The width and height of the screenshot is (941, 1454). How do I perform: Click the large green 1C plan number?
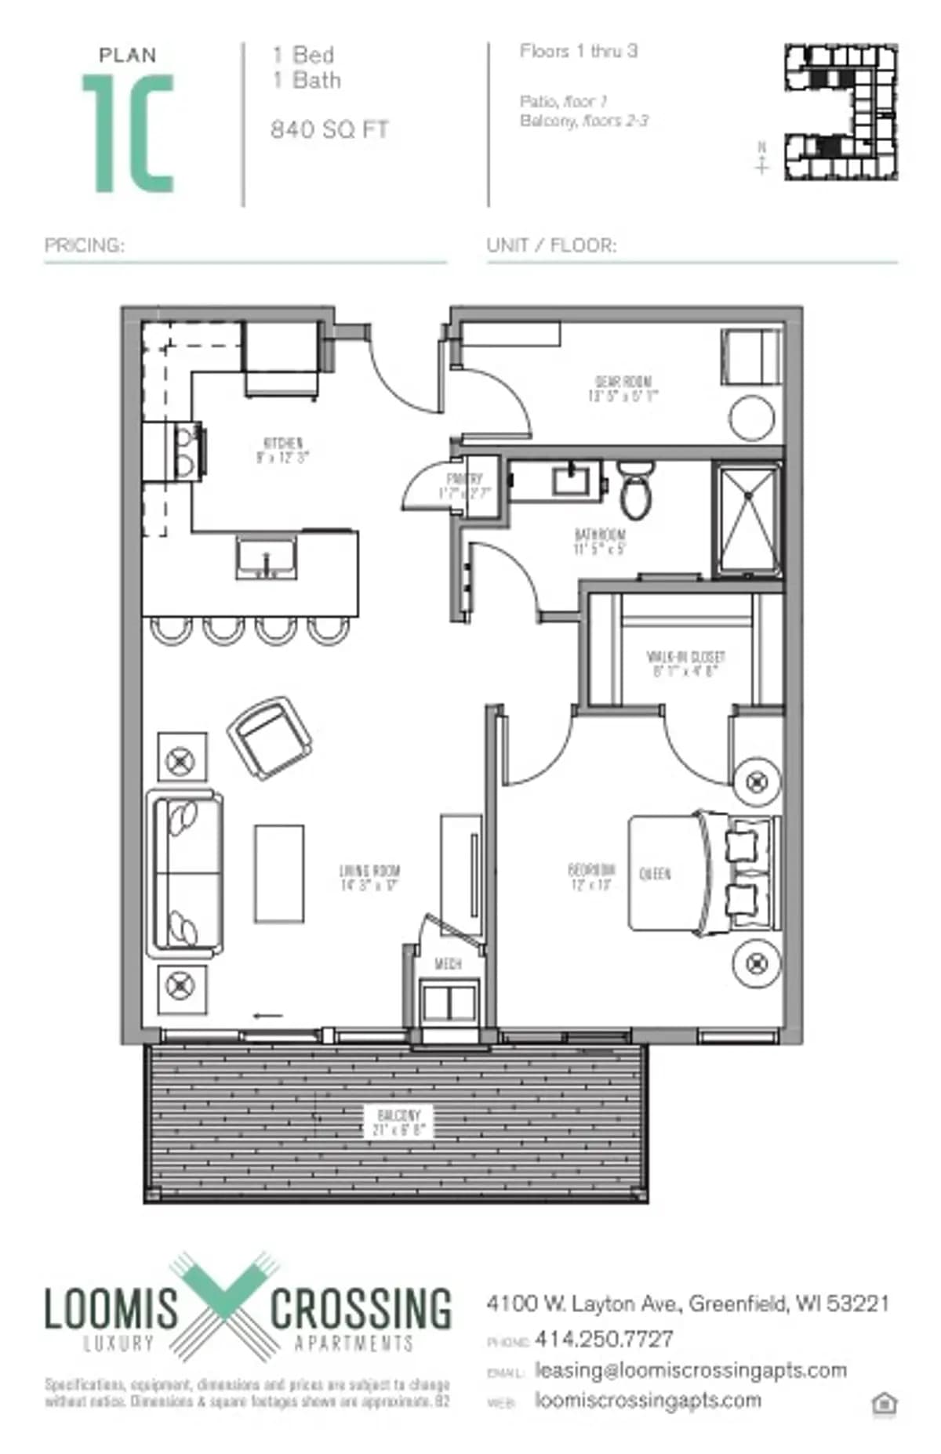pyautogui.click(x=128, y=133)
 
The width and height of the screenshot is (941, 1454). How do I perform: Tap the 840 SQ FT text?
pyautogui.click(x=329, y=129)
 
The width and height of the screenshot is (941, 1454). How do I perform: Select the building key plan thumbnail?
pyautogui.click(x=841, y=112)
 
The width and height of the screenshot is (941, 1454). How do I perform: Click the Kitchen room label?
pyautogui.click(x=282, y=450)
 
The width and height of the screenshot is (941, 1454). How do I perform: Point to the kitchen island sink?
pyautogui.click(x=266, y=557)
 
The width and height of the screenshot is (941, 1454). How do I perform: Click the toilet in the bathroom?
pyautogui.click(x=635, y=489)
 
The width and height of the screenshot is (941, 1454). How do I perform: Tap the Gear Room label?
pyautogui.click(x=623, y=389)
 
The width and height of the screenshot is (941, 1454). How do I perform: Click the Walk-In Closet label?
pyautogui.click(x=685, y=663)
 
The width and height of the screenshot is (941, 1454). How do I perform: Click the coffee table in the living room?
pyautogui.click(x=279, y=872)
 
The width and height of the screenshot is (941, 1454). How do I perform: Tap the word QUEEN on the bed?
pyautogui.click(x=655, y=874)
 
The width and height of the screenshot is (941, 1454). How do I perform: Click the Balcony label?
pyautogui.click(x=398, y=1122)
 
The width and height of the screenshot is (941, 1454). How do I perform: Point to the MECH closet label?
pyautogui.click(x=448, y=964)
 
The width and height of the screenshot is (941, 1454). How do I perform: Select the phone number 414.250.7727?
pyautogui.click(x=604, y=1339)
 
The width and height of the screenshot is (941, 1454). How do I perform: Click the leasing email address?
pyautogui.click(x=691, y=1370)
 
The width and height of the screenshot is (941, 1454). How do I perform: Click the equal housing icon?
pyautogui.click(x=884, y=1402)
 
